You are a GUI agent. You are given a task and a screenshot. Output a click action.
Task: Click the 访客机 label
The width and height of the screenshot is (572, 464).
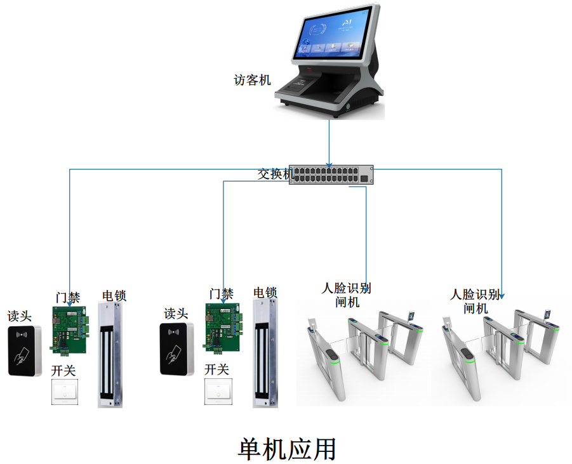[x=252, y=81]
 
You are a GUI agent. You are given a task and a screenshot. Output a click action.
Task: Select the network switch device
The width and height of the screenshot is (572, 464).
[x=331, y=175]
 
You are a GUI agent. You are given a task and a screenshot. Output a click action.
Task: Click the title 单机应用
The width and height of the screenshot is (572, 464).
[x=286, y=449]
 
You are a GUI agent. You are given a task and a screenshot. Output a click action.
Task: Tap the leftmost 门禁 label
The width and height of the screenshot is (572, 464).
[x=68, y=297]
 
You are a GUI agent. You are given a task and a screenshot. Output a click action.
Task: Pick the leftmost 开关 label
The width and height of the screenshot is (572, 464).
[x=63, y=371]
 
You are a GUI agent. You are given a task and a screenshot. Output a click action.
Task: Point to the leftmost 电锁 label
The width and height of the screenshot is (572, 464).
[x=114, y=295]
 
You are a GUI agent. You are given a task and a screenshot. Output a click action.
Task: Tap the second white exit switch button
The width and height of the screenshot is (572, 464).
[x=219, y=392]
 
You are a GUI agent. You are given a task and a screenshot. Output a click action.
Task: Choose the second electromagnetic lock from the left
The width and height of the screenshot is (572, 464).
[x=265, y=354]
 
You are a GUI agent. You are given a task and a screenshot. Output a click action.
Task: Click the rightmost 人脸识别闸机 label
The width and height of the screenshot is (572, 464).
[x=476, y=302]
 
